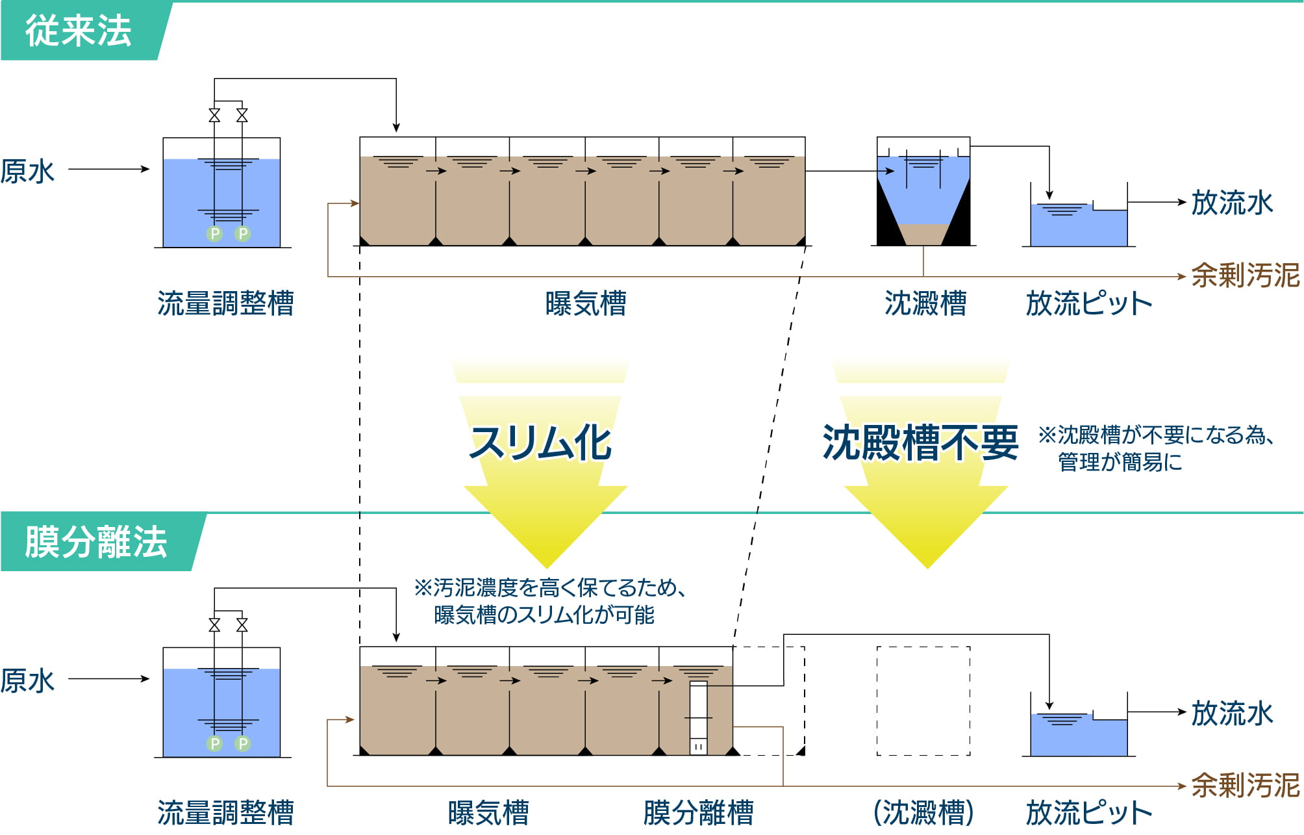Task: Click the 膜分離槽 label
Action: [698, 813]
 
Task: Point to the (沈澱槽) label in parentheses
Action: [923, 813]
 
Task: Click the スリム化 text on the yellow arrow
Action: [540, 443]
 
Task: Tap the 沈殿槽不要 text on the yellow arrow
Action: [920, 443]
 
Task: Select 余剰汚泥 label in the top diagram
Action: [1245, 276]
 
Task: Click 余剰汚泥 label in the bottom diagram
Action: [1245, 786]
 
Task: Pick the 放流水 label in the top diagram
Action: [1232, 203]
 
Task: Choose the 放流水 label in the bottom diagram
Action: [1232, 713]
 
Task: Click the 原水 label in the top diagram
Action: [27, 172]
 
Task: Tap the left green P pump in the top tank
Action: [214, 233]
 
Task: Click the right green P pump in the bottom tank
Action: [243, 743]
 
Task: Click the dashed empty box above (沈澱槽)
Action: [923, 700]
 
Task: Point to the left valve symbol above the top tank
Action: [214, 116]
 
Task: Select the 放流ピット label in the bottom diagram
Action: [1089, 813]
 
